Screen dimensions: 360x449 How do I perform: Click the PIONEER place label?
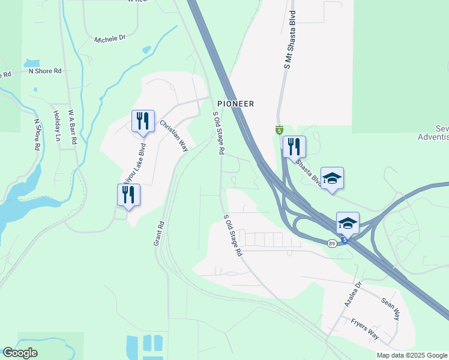click(236, 104)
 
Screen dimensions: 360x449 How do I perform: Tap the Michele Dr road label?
click(110, 38)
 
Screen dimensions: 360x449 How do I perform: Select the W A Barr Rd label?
click(72, 127)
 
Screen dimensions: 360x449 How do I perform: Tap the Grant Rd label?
click(159, 234)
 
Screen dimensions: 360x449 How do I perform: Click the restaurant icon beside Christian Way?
click(143, 121)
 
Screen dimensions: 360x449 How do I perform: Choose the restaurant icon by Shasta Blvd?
click(294, 147)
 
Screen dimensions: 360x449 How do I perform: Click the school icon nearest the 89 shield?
click(348, 223)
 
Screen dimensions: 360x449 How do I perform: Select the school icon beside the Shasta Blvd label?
click(332, 178)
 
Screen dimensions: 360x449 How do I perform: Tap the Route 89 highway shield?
click(332, 242)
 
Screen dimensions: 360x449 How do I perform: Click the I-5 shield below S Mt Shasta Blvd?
click(279, 130)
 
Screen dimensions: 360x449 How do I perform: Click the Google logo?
click(20, 353)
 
